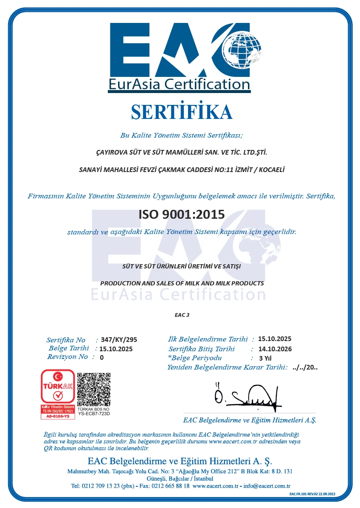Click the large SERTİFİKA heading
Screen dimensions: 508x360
181,112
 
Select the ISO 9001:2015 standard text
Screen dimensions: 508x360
181,214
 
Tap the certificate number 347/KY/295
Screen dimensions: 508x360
119,340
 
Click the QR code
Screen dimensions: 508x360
94,389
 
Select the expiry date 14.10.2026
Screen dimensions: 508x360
275,349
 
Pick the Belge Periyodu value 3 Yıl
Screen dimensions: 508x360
265,358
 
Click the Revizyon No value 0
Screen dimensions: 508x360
101,357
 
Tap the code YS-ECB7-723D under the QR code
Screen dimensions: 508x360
94,413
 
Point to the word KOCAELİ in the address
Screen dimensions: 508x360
269,170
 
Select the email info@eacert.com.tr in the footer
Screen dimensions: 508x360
270,486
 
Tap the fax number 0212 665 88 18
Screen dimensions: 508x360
170,486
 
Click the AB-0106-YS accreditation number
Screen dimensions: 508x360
57,416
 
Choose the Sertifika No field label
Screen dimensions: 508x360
66,340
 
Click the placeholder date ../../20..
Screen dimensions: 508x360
305,368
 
